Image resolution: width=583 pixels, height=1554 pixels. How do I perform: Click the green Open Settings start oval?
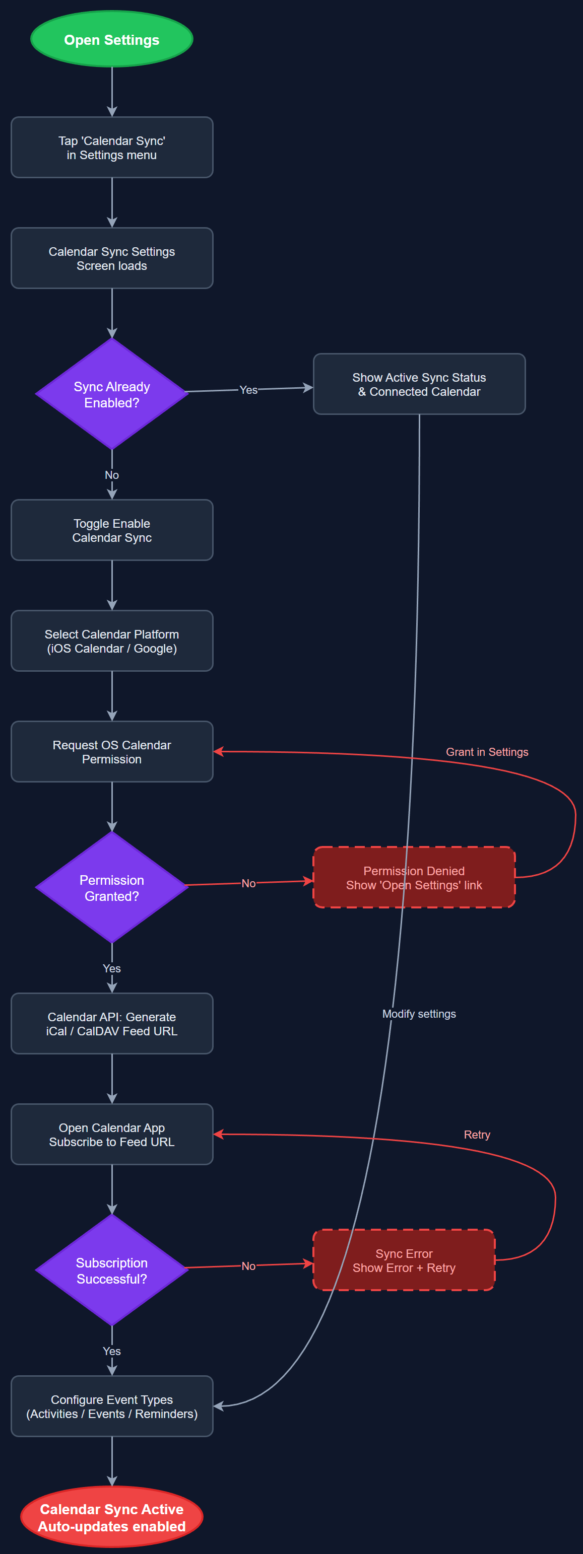pos(112,39)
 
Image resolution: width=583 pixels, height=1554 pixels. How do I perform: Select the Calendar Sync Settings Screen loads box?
pos(112,258)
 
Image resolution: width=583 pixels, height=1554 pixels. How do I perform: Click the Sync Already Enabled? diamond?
pos(112,394)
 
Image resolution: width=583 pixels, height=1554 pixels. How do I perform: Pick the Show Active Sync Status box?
pos(419,384)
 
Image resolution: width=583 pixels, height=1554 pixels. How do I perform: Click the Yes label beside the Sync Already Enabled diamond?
pos(248,390)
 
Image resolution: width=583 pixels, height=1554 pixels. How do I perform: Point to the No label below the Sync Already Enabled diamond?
pos(112,475)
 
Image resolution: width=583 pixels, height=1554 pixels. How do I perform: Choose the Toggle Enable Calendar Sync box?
pos(112,530)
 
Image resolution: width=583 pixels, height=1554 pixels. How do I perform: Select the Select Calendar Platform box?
pos(112,641)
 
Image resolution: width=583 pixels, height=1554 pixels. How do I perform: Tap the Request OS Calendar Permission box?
pos(112,752)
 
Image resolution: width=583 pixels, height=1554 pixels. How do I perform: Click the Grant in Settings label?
pos(486,752)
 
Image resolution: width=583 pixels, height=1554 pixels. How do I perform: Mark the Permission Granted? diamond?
pos(112,887)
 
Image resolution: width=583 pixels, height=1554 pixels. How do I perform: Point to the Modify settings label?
pos(419,1014)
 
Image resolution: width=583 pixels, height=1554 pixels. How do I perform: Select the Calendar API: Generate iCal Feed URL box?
pos(112,1023)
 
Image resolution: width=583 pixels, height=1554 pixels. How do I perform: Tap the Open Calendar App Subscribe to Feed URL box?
pos(112,1134)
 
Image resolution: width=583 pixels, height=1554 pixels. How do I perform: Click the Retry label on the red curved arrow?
pos(477,1134)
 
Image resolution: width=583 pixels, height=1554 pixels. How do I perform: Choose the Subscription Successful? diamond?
pos(112,1270)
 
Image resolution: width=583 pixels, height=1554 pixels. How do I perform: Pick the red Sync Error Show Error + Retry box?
pos(404,1260)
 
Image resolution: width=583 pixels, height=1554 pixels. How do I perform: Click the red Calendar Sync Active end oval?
pos(112,1517)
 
